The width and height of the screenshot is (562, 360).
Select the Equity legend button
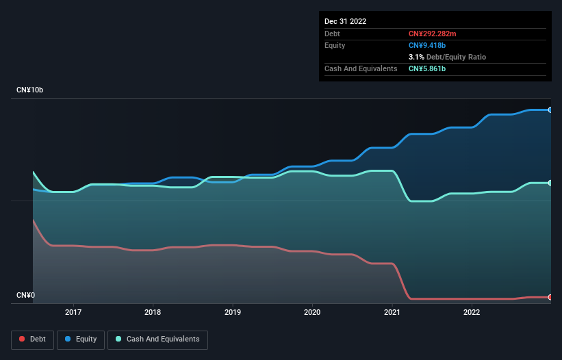coord(81,339)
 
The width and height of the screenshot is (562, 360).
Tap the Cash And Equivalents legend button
coord(157,339)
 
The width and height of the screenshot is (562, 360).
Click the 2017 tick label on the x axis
coord(73,312)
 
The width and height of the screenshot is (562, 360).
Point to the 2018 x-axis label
coord(153,312)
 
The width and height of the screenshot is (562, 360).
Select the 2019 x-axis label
coord(233,312)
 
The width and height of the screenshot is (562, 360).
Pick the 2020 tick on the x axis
coord(312,312)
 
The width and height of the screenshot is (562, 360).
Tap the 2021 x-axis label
coord(392,312)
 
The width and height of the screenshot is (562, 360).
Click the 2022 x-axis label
coord(472,312)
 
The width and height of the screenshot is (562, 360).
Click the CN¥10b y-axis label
coord(29,90)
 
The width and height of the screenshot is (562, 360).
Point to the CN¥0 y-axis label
coord(25,295)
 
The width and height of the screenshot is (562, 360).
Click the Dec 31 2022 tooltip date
coord(346,21)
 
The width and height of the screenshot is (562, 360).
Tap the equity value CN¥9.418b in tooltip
coord(428,45)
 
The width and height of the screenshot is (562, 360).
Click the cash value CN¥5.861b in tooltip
coord(428,68)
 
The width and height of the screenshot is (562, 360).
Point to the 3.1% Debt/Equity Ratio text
coord(447,57)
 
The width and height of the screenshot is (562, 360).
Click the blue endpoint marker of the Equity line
coord(550,110)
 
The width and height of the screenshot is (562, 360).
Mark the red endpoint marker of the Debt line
coord(550,297)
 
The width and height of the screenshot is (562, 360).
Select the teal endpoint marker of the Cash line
coord(550,183)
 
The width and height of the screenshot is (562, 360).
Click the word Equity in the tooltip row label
coord(335,45)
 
